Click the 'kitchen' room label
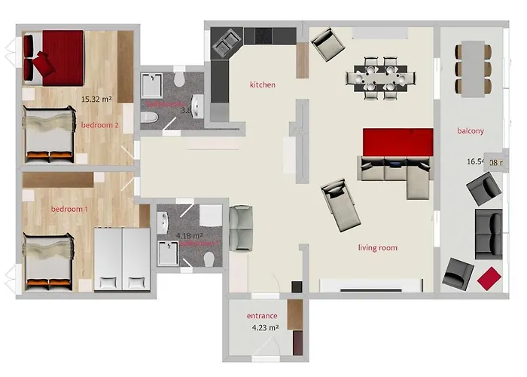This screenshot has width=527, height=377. (263, 85)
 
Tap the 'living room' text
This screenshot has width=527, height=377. (378, 247)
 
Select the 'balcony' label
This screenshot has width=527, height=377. (471, 131)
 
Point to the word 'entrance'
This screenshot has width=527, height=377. (263, 316)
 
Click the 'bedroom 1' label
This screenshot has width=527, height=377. (69, 209)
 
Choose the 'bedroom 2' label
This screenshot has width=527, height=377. (101, 124)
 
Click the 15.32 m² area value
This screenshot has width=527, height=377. (96, 98)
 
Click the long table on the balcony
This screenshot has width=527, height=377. (472, 68)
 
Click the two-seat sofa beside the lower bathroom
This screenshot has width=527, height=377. (242, 228)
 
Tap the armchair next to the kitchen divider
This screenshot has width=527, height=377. (327, 45)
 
